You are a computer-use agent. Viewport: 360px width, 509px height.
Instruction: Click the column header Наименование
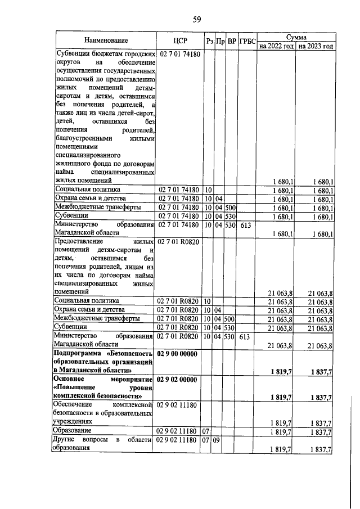(106, 40)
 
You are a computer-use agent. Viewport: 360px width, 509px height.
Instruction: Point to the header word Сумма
(296, 36)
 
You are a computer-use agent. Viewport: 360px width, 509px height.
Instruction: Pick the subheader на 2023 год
(316, 46)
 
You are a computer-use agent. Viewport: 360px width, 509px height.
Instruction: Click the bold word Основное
(69, 380)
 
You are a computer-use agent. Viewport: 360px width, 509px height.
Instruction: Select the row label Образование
(73, 430)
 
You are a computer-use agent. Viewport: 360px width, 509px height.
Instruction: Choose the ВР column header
(231, 41)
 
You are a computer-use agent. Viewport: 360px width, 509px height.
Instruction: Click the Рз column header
(209, 41)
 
